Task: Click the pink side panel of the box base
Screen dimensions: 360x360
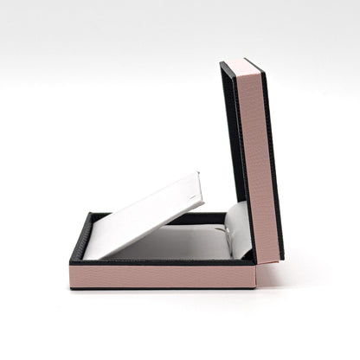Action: (x=162, y=276)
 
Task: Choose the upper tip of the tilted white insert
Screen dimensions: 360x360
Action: (x=198, y=176)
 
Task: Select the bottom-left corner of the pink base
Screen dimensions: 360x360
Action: (x=71, y=286)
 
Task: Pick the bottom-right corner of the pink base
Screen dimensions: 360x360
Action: (x=254, y=286)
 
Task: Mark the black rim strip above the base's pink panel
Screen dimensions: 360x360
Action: (x=162, y=262)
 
